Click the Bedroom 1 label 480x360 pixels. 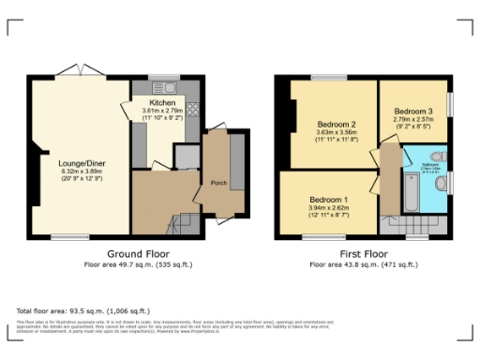click(x=332, y=200)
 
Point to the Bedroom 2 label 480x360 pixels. click(x=336, y=125)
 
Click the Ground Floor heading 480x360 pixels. click(x=137, y=254)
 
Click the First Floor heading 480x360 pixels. click(x=364, y=254)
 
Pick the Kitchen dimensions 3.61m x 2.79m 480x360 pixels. click(x=163, y=111)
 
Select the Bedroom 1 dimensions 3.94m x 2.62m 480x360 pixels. click(x=332, y=209)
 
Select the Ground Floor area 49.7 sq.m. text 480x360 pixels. click(x=137, y=264)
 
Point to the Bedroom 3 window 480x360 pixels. click(x=449, y=103)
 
